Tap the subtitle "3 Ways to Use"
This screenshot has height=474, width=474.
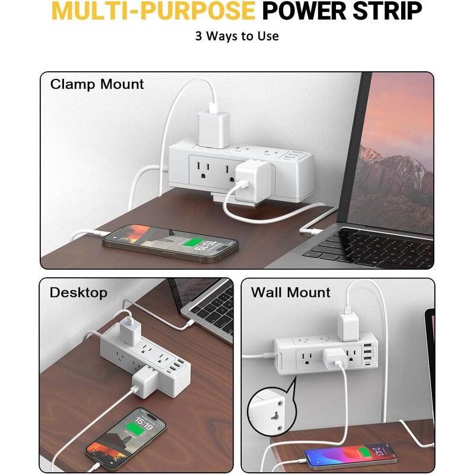pyautogui.click(x=237, y=36)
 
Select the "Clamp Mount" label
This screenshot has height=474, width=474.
pyautogui.click(x=97, y=84)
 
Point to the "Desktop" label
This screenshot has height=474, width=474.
pyautogui.click(x=78, y=292)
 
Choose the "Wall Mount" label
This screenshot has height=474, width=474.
pyautogui.click(x=290, y=292)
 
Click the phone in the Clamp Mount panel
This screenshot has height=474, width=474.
pyautogui.click(x=170, y=242)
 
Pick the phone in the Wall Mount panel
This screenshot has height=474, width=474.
pyautogui.click(x=351, y=456)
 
